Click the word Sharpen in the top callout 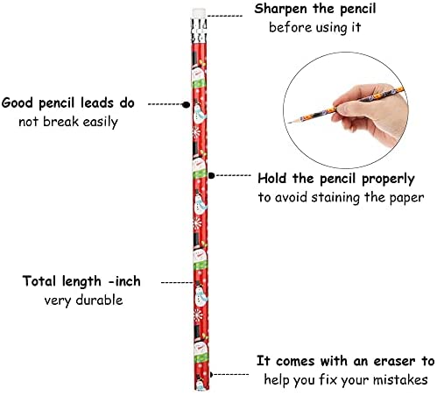(281, 9)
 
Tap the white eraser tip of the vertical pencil (199, 13)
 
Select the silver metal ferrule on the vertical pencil (199, 31)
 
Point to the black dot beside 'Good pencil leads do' (186, 104)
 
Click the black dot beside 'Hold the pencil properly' (211, 175)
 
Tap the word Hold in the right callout (271, 178)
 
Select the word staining (335, 198)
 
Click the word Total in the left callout (39, 281)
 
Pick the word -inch (124, 281)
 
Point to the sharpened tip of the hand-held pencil (289, 123)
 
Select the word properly (388, 179)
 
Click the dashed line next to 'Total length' (177, 282)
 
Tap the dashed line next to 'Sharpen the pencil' (225, 16)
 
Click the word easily (100, 122)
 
